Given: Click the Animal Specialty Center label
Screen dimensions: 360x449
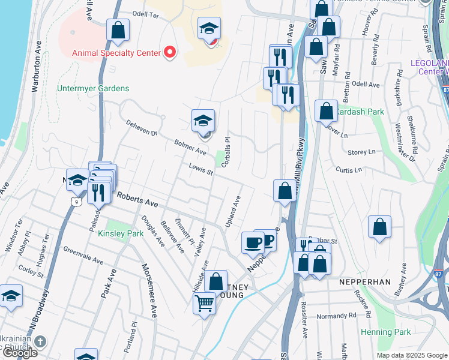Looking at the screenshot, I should [x=116, y=52].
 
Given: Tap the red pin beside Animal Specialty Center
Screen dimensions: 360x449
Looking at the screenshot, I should [x=169, y=52].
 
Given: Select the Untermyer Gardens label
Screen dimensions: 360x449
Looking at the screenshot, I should [x=93, y=88].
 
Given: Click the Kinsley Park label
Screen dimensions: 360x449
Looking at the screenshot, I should [x=121, y=233].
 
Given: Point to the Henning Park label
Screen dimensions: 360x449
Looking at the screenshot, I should [x=385, y=332].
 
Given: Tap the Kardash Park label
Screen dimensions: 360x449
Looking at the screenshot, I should [x=359, y=112].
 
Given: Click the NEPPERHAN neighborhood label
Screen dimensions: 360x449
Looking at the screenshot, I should [x=364, y=281].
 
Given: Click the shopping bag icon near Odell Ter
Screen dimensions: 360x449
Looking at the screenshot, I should [x=118, y=30].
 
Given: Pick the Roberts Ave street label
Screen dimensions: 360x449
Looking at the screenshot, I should [x=137, y=200].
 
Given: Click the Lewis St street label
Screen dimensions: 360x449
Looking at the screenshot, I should [x=202, y=170].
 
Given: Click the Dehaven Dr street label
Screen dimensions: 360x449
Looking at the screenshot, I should [x=141, y=128].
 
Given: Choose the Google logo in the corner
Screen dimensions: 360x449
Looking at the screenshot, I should [x=19, y=353].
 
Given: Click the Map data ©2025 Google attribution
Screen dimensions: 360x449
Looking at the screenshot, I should [x=412, y=355].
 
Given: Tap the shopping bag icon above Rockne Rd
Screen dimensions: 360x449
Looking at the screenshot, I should [x=379, y=227].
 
